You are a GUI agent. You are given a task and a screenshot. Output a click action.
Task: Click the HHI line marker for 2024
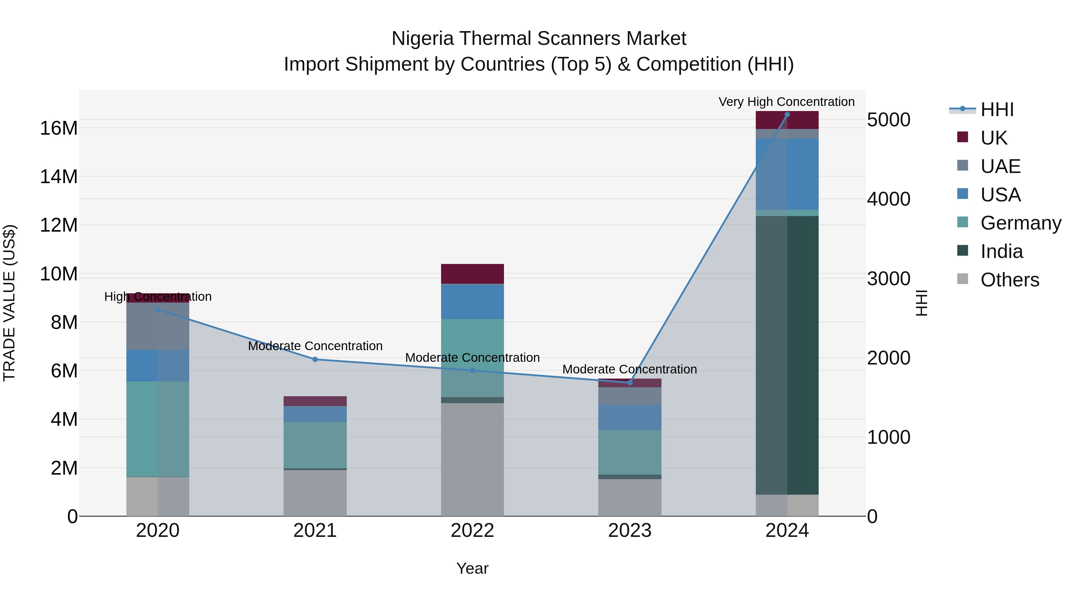787,115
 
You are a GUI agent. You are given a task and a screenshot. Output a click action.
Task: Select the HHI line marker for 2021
315,359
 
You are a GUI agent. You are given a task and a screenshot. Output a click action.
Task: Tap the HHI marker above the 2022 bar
473,370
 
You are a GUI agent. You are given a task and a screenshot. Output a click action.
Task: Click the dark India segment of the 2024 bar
787,356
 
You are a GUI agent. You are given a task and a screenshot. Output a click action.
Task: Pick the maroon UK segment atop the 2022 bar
473,274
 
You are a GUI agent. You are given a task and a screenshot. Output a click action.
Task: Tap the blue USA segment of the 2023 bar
630,417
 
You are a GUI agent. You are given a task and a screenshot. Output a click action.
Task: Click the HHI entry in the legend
997,110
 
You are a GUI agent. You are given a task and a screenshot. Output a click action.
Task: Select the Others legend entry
1009,280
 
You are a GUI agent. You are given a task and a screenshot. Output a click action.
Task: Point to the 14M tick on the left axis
59,177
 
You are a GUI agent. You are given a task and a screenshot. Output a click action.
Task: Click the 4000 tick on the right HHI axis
888,199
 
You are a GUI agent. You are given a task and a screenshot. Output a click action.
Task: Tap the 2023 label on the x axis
630,531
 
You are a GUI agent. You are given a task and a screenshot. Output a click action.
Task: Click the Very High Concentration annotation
786,102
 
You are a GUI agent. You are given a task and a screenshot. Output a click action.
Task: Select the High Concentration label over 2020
158,297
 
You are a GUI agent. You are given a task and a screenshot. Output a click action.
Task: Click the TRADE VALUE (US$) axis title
9,303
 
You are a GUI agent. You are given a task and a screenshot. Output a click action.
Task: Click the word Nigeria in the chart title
422,39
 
